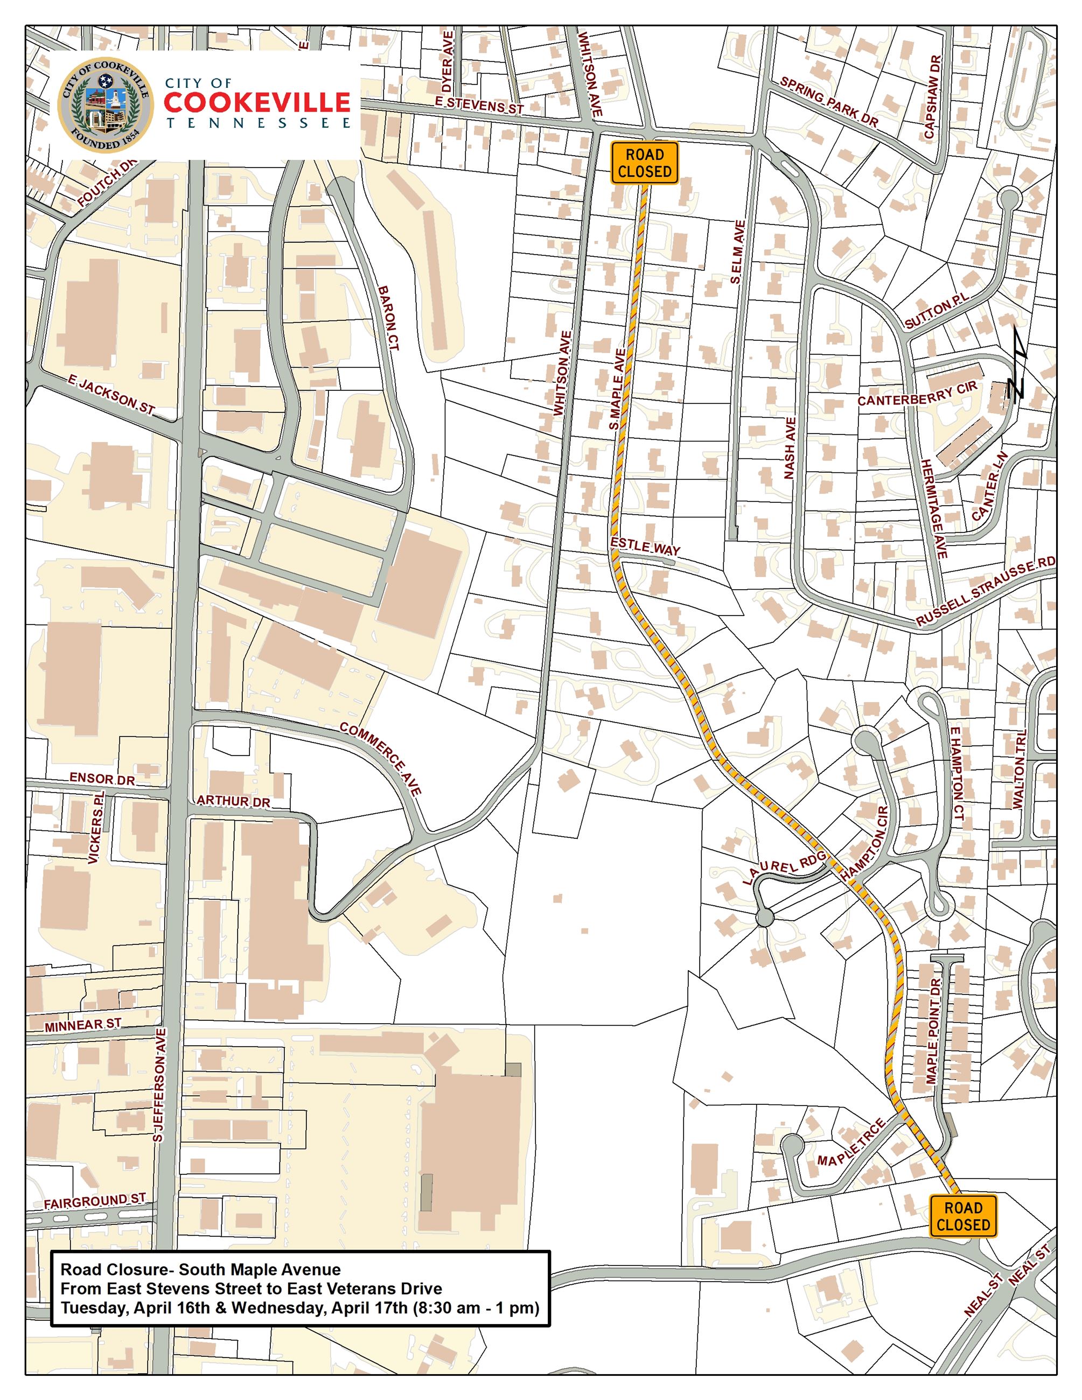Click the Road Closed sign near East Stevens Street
[644, 163]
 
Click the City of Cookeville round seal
[106, 106]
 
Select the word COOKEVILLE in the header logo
[257, 102]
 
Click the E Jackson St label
[111, 396]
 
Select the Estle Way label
[645, 547]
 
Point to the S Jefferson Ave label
[160, 1084]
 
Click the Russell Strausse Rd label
[985, 592]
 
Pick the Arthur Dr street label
[233, 801]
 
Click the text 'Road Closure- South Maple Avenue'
[201, 1270]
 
